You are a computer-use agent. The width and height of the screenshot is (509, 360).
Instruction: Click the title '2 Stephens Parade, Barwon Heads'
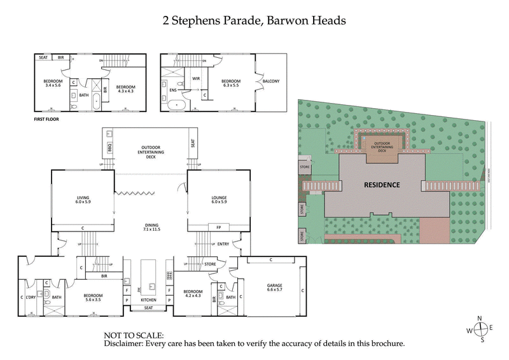pos(254,20)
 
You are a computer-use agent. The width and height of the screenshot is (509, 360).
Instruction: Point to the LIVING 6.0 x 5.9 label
pos(83,200)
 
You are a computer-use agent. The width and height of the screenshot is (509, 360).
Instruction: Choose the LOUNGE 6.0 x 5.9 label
pos(219,200)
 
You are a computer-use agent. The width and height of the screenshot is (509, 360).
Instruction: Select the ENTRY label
pos(223,244)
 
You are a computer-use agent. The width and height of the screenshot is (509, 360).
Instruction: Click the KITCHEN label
pos(148,299)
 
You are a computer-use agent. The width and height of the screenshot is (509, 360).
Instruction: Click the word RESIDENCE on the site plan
pos(382,185)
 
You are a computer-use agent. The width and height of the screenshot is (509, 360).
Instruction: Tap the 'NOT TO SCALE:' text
pos(134,335)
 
